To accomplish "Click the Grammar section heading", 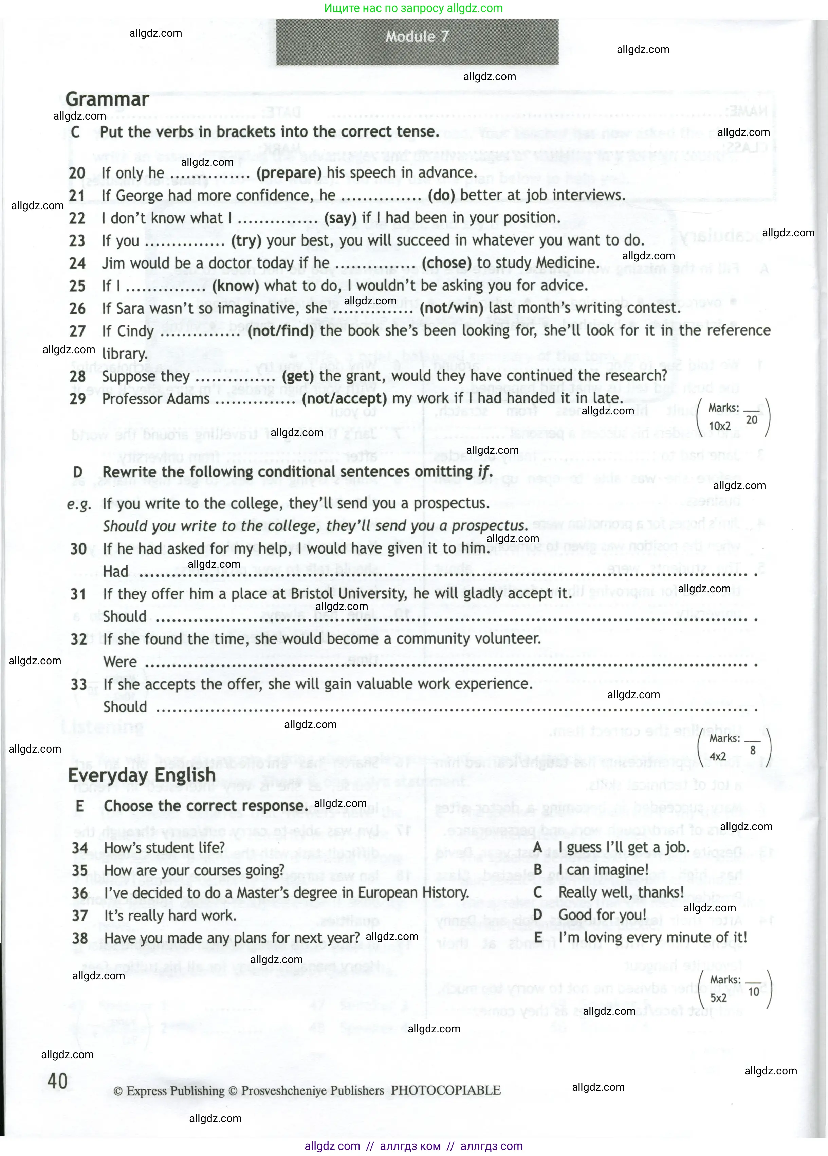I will (x=107, y=100).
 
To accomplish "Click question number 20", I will (x=77, y=173).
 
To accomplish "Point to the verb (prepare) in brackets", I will (x=289, y=173).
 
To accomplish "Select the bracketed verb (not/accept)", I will (x=344, y=399).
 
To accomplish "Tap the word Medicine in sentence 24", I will (x=566, y=263).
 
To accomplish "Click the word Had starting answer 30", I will (x=116, y=571).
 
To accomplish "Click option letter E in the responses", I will (x=537, y=938).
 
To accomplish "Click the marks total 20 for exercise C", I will (x=752, y=420).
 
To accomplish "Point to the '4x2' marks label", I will (x=718, y=756).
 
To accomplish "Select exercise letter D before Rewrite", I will (x=77, y=472).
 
